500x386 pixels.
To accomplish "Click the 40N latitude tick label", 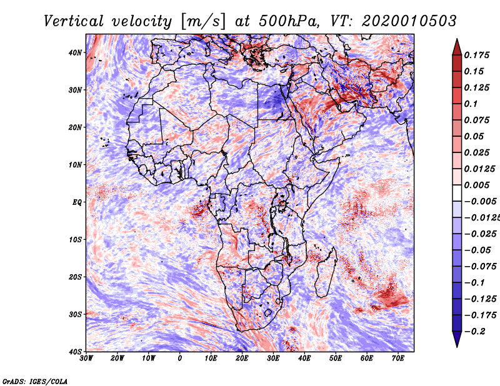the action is tap(75, 52).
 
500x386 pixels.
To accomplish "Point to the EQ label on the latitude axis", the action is tap(77, 202).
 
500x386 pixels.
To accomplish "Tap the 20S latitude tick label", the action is tap(75, 277).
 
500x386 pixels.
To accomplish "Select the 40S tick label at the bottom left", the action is tap(75, 352).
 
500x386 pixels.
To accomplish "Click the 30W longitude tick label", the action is tap(86, 359).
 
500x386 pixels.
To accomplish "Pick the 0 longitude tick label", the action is tap(180, 359).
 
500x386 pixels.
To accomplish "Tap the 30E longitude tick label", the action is tap(273, 359).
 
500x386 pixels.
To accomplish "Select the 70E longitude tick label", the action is tap(398, 359).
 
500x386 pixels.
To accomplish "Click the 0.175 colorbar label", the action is tap(476, 55).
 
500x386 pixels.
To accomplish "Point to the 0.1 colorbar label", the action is tap(471, 104).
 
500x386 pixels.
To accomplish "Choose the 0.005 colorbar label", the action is tap(476, 185).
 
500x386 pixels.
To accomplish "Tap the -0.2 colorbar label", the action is tap(475, 332).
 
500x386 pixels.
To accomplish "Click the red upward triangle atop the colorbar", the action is tap(457, 47).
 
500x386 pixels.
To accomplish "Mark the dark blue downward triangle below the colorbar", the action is tap(457, 339).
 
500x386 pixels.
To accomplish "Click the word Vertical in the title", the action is tap(74, 21).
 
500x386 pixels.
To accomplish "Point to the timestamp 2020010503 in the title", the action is tap(409, 21).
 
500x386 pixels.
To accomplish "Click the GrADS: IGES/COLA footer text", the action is tap(35, 382).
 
